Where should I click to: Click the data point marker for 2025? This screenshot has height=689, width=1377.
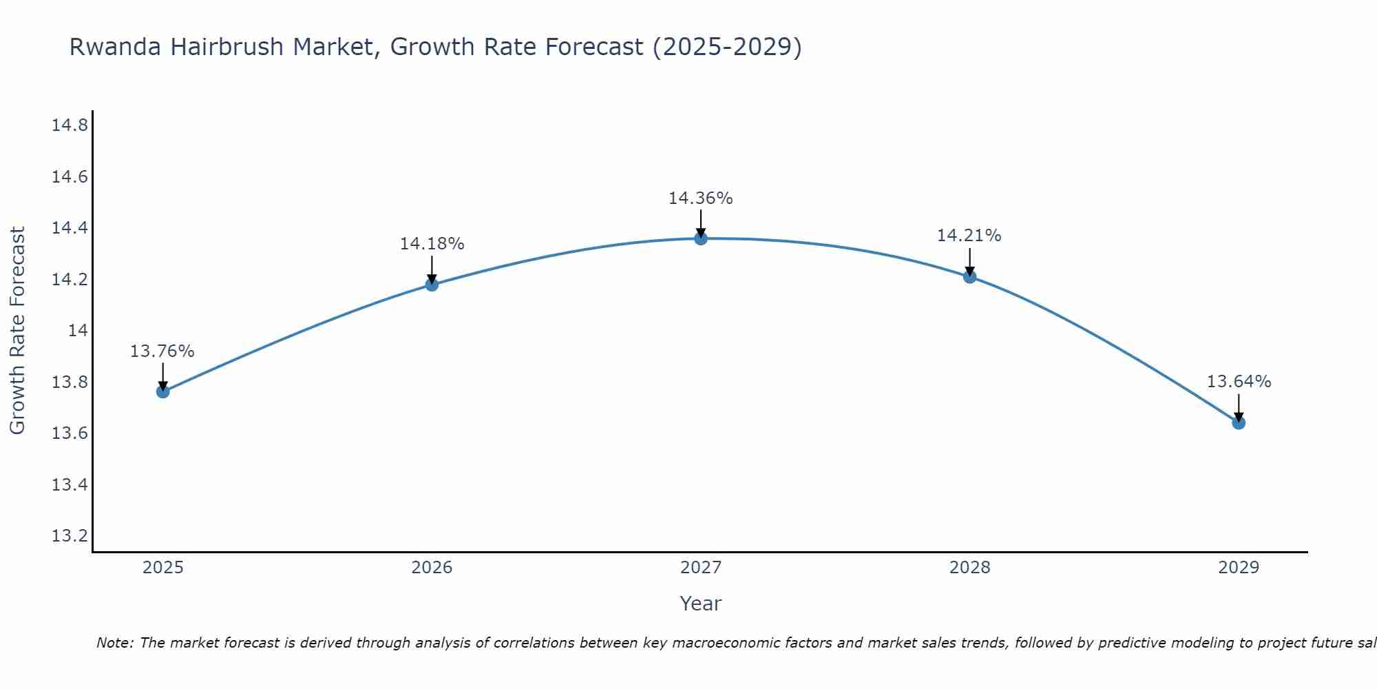coord(163,391)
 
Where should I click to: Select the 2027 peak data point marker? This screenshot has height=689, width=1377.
coord(701,238)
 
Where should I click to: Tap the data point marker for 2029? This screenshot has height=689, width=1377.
coord(1239,422)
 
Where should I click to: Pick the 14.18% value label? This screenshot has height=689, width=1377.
coord(432,244)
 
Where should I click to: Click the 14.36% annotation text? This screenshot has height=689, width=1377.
coord(700,198)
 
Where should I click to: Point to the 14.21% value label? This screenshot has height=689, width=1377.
coord(969,236)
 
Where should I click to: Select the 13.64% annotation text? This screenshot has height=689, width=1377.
coord(1239,382)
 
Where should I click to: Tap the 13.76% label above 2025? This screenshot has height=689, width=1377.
coord(162,351)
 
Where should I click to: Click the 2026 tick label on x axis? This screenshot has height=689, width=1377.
coord(432,568)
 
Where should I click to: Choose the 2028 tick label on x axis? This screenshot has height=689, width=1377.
coord(969,568)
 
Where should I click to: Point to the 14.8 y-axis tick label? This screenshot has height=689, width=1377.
coord(70,125)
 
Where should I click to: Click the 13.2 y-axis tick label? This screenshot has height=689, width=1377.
coord(70,536)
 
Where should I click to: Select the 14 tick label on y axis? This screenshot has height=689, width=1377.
coord(78,331)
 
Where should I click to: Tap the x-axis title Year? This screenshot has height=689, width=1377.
coord(700,604)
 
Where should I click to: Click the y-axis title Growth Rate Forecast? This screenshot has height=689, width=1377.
coord(17,331)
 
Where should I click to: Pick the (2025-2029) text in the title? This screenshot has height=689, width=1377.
coord(726,48)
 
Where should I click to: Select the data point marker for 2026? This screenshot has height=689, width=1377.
coord(432,284)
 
